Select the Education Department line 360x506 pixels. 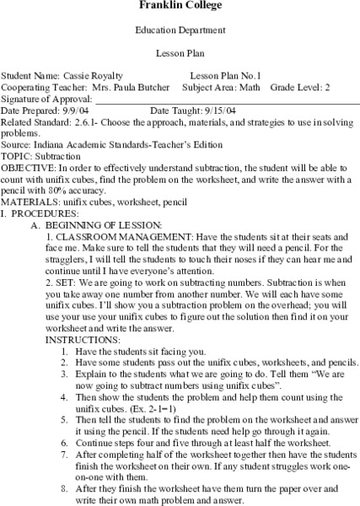pos(180,30)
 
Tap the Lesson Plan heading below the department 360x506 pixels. pos(180,52)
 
